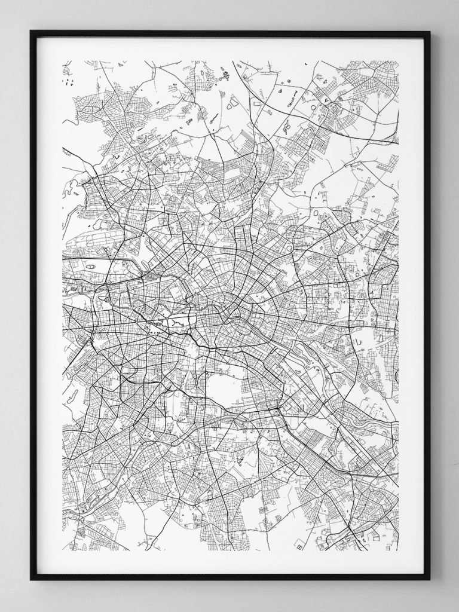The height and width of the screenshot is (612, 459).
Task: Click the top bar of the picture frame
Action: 230,34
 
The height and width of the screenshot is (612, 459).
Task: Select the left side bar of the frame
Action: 33,305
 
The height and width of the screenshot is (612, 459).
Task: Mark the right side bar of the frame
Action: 427,305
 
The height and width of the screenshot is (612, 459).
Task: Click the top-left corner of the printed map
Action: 63,60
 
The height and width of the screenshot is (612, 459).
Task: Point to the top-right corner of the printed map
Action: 398,60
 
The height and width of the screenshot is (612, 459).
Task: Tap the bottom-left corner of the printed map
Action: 63,550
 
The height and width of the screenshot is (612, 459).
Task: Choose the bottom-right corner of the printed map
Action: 398,550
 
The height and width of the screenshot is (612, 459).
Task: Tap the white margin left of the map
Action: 50,305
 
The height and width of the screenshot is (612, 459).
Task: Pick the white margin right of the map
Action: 411,305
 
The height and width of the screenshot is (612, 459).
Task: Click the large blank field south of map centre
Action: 223,388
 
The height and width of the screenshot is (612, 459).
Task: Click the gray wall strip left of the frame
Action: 15,305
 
